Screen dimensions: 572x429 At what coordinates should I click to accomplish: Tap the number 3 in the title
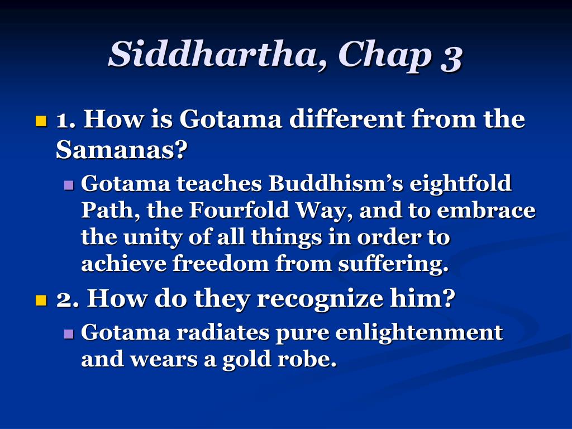[x=451, y=58]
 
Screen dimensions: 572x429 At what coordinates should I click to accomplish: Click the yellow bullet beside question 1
[x=41, y=121]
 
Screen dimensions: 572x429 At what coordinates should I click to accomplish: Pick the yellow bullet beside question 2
[x=41, y=300]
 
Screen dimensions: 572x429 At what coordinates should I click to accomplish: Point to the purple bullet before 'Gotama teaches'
[x=69, y=184]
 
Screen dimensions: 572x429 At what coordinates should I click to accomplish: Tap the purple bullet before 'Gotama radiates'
[x=69, y=333]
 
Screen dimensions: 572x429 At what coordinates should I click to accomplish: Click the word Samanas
[x=121, y=149]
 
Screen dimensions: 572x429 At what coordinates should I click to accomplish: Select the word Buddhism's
[x=336, y=183]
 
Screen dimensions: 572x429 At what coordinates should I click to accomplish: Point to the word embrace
[x=487, y=211]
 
